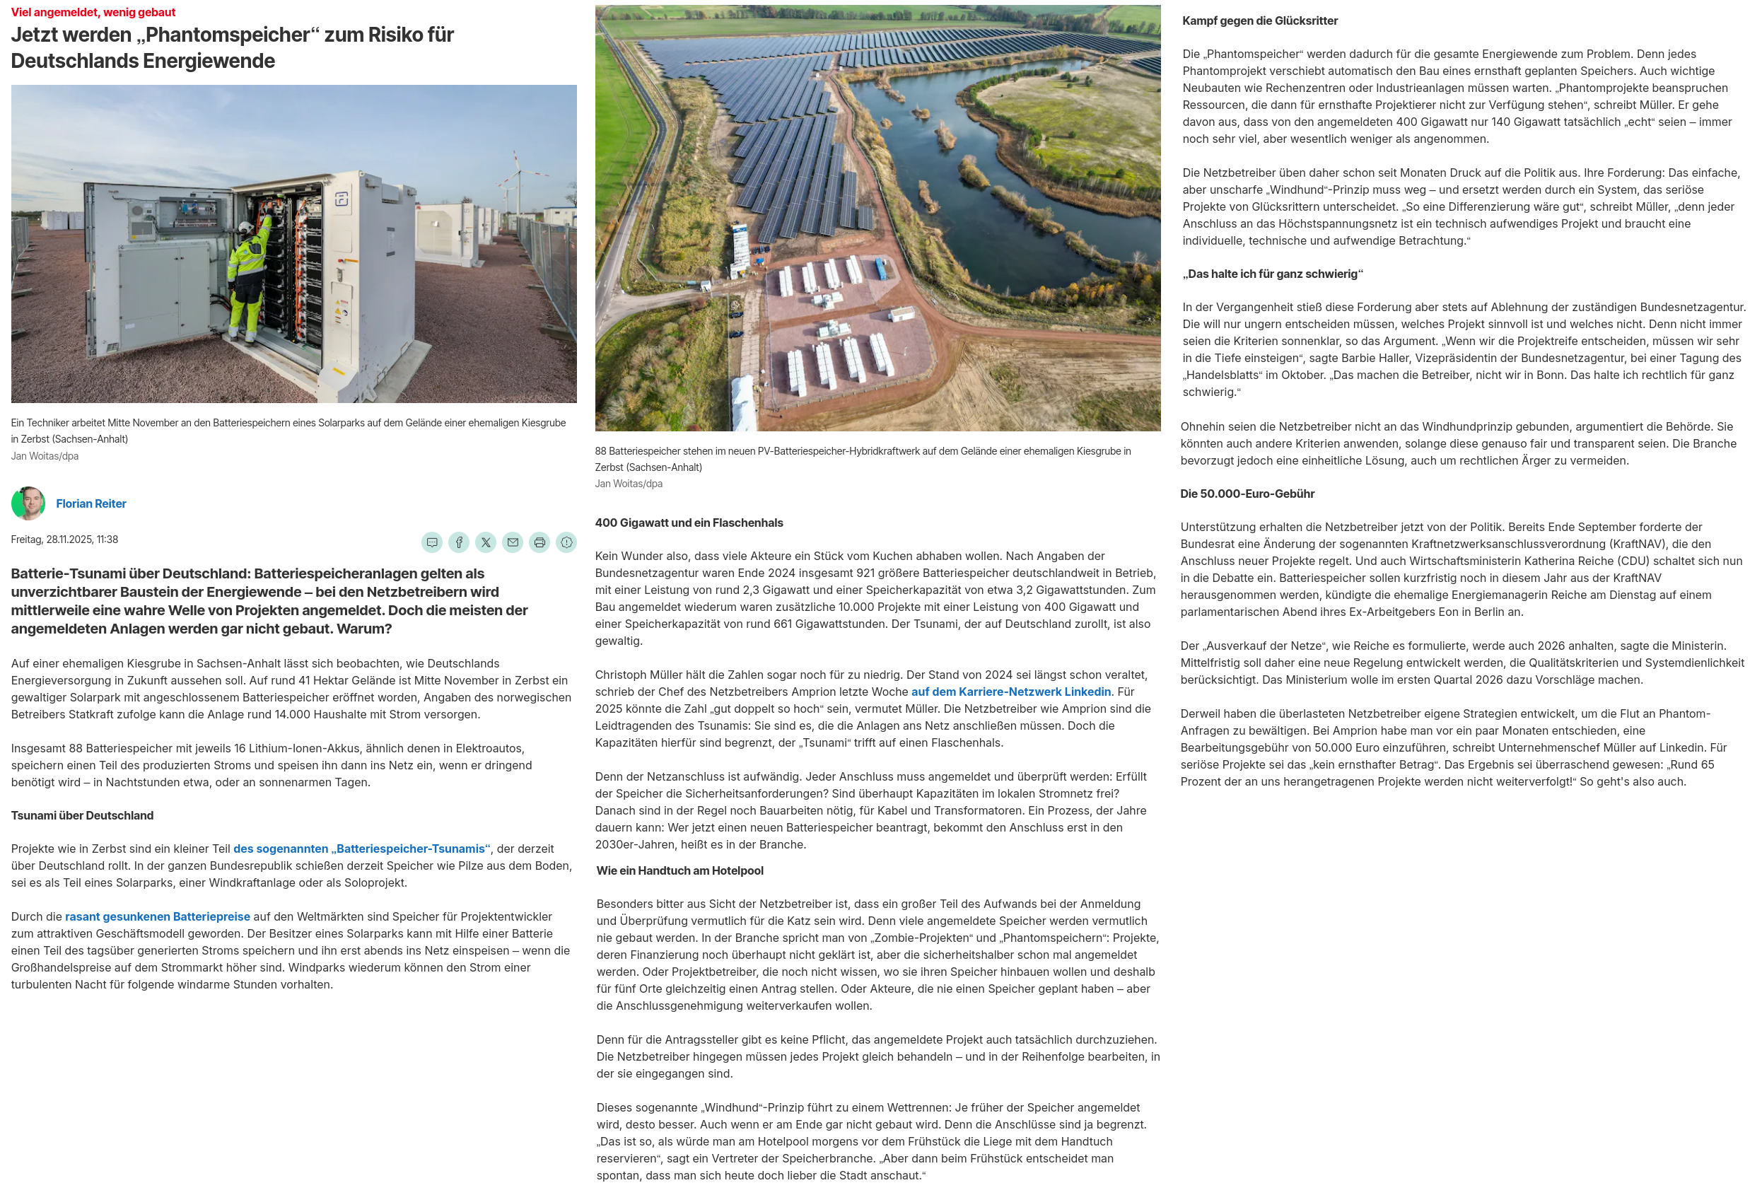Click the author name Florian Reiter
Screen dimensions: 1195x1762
coord(91,503)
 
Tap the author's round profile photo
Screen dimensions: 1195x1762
coord(28,503)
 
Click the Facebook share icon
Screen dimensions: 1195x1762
coord(459,542)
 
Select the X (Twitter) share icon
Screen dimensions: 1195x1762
coord(486,542)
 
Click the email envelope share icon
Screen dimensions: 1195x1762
coord(513,542)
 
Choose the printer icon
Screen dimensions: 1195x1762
coord(539,542)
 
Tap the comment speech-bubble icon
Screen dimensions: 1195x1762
coord(432,542)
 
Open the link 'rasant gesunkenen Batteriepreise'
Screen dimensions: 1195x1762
coord(157,916)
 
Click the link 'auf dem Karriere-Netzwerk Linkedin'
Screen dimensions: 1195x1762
coord(1010,692)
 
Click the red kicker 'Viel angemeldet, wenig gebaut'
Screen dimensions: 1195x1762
coord(93,12)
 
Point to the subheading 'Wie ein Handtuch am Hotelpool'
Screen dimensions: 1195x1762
coord(679,870)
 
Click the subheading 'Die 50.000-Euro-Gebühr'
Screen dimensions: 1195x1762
coord(1247,494)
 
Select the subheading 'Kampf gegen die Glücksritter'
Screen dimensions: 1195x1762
coord(1259,21)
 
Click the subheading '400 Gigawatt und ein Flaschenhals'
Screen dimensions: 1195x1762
coord(689,523)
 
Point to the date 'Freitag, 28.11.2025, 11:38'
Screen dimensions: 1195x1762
coord(64,539)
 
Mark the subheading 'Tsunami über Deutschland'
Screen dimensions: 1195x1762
coord(82,815)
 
